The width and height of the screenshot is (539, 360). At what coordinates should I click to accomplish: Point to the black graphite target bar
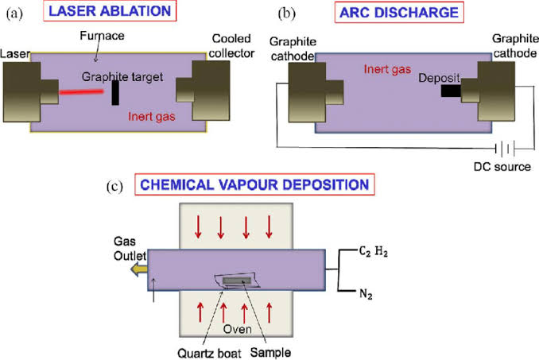115,91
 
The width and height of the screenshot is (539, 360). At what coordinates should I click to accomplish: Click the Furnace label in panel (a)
103,37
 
